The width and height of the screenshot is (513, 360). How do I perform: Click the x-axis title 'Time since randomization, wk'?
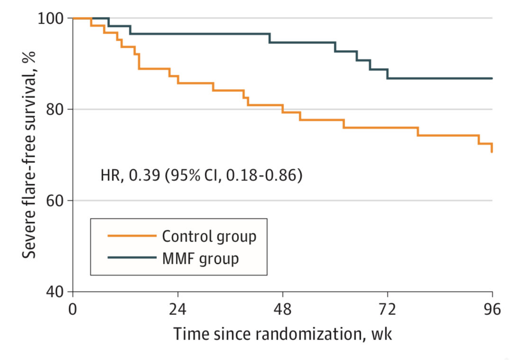click(x=283, y=334)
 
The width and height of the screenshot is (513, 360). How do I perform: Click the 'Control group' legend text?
click(x=209, y=236)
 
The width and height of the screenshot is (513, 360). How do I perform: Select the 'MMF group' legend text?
click(x=200, y=259)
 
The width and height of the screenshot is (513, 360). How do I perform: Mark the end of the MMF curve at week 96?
click(x=492, y=78)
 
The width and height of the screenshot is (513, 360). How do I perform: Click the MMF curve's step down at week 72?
click(x=387, y=74)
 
